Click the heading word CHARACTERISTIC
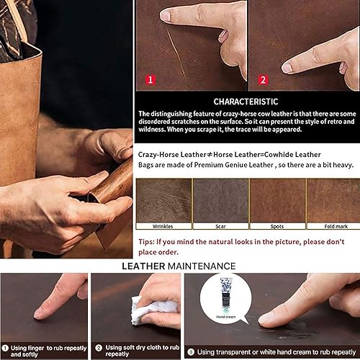point(246,102)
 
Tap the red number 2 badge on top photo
point(262,80)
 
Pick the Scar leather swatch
point(220,199)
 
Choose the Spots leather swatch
point(276,199)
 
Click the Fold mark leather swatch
point(332,199)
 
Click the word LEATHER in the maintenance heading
point(148,265)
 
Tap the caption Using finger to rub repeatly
point(47,350)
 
